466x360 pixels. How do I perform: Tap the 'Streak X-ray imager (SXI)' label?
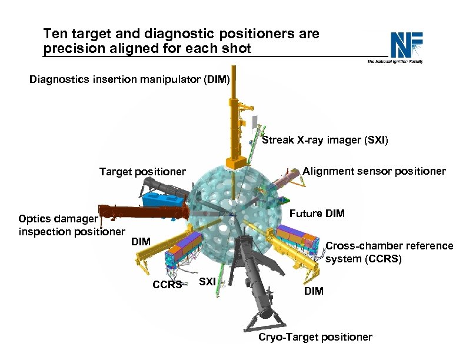[x=325, y=140]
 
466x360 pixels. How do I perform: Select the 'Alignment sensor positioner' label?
[x=374, y=171]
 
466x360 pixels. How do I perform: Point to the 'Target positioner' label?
[x=142, y=172]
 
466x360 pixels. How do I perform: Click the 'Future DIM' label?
[x=317, y=213]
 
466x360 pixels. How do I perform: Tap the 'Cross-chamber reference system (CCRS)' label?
[x=389, y=252]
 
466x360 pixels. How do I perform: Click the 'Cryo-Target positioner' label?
[x=315, y=337]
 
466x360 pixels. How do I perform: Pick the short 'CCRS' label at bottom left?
[x=168, y=285]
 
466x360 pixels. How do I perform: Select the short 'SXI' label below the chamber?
[x=207, y=282]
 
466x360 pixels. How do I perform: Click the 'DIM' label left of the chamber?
[x=141, y=241]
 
